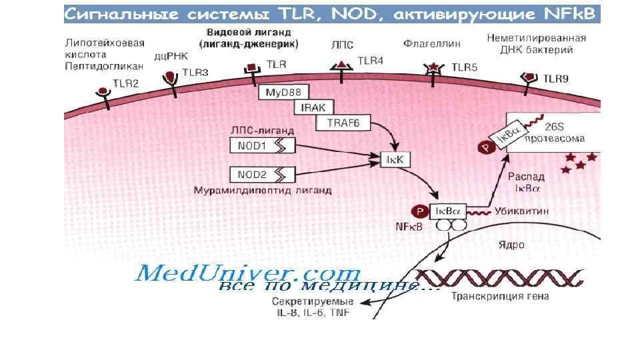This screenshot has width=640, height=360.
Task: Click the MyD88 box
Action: (281, 93)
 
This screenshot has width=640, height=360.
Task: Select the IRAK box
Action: (312, 107)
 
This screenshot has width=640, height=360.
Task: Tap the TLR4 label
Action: (371, 61)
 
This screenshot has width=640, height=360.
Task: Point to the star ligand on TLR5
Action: (434, 68)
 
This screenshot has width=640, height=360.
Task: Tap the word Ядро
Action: (511, 245)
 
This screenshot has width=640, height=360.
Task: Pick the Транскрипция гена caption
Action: (493, 297)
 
